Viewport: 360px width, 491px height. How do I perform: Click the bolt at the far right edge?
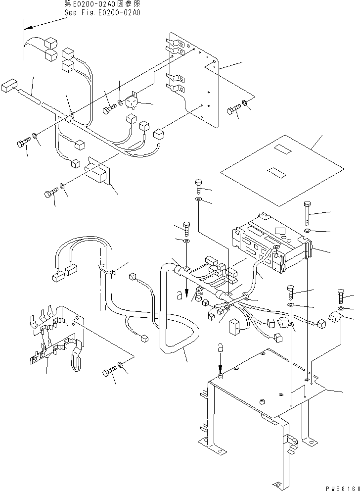click(341, 296)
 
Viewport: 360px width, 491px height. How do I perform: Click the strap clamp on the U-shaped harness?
click(112, 272)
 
